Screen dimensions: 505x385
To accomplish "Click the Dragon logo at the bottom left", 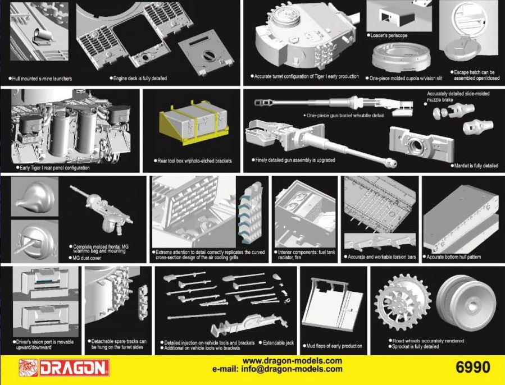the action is tap(64, 368).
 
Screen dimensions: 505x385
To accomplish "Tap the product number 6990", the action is tap(473, 367).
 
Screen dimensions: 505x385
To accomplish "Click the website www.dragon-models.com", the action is tap(292, 360).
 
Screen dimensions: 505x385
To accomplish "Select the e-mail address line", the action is tap(277, 369).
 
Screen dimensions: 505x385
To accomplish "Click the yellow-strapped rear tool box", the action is tap(194, 122).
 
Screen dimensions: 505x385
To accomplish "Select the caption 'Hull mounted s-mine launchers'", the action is tap(40, 79).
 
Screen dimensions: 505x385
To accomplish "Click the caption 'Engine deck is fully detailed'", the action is tap(138, 78).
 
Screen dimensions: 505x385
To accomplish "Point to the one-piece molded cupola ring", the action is tap(401, 58).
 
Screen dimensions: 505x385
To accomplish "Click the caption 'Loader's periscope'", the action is tap(387, 35).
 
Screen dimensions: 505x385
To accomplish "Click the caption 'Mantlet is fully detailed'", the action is tap(474, 166).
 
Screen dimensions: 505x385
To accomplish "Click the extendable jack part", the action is tap(248, 325).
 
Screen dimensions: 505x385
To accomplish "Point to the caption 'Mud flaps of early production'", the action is tap(333, 346).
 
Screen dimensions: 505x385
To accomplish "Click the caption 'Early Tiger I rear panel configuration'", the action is tap(53, 168).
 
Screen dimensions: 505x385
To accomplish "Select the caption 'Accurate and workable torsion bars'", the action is tap(380, 257).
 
